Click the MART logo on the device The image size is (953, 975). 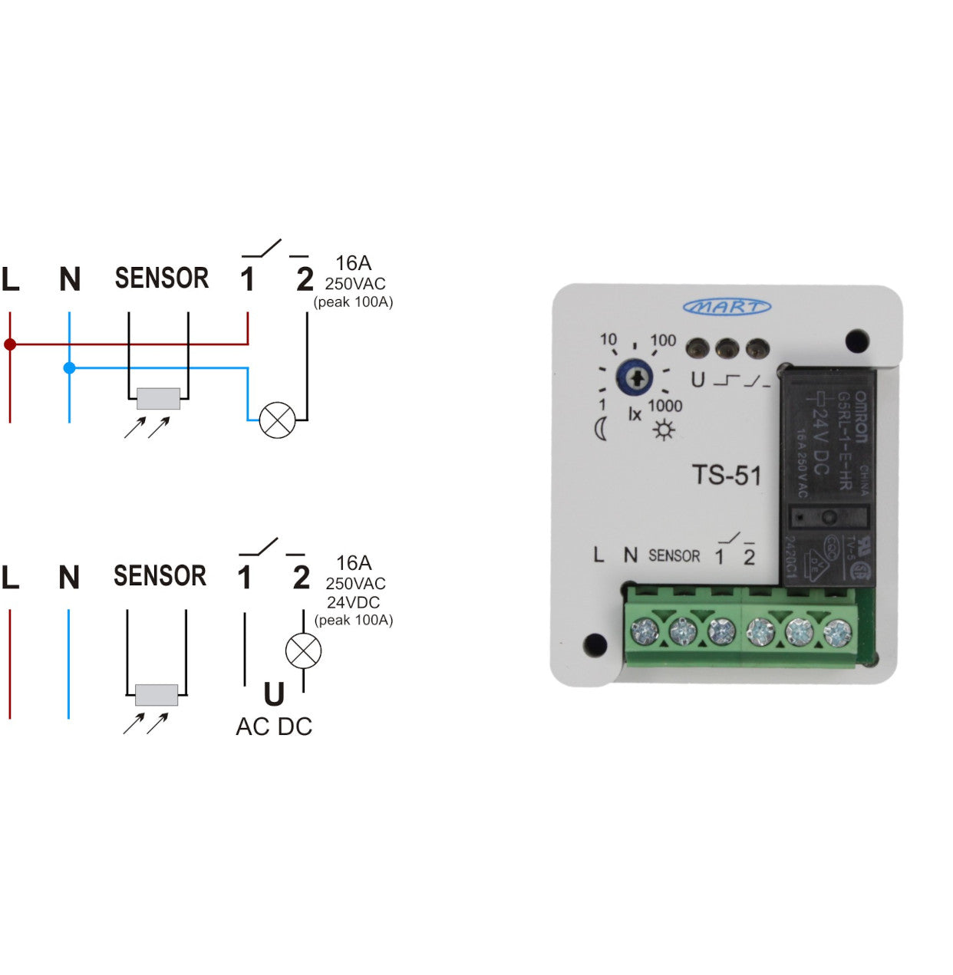[727, 307]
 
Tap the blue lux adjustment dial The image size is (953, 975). [635, 377]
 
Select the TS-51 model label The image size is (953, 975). [727, 476]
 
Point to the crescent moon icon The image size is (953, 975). [601, 430]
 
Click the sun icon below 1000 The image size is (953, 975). [664, 430]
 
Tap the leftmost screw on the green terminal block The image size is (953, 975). [644, 631]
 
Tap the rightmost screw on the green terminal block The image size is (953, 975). [837, 633]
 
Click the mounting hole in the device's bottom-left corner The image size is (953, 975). [595, 644]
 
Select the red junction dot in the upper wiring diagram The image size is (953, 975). [10, 344]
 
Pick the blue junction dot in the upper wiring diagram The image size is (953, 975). [70, 368]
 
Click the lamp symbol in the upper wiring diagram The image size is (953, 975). [277, 420]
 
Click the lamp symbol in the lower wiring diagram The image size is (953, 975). [303, 651]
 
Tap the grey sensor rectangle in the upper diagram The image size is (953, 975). [158, 399]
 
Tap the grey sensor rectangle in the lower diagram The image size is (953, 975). [157, 695]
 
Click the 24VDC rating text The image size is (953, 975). [353, 602]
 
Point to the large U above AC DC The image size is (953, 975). [274, 695]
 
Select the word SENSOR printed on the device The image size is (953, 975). [674, 555]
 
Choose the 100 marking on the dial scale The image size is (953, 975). [663, 341]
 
